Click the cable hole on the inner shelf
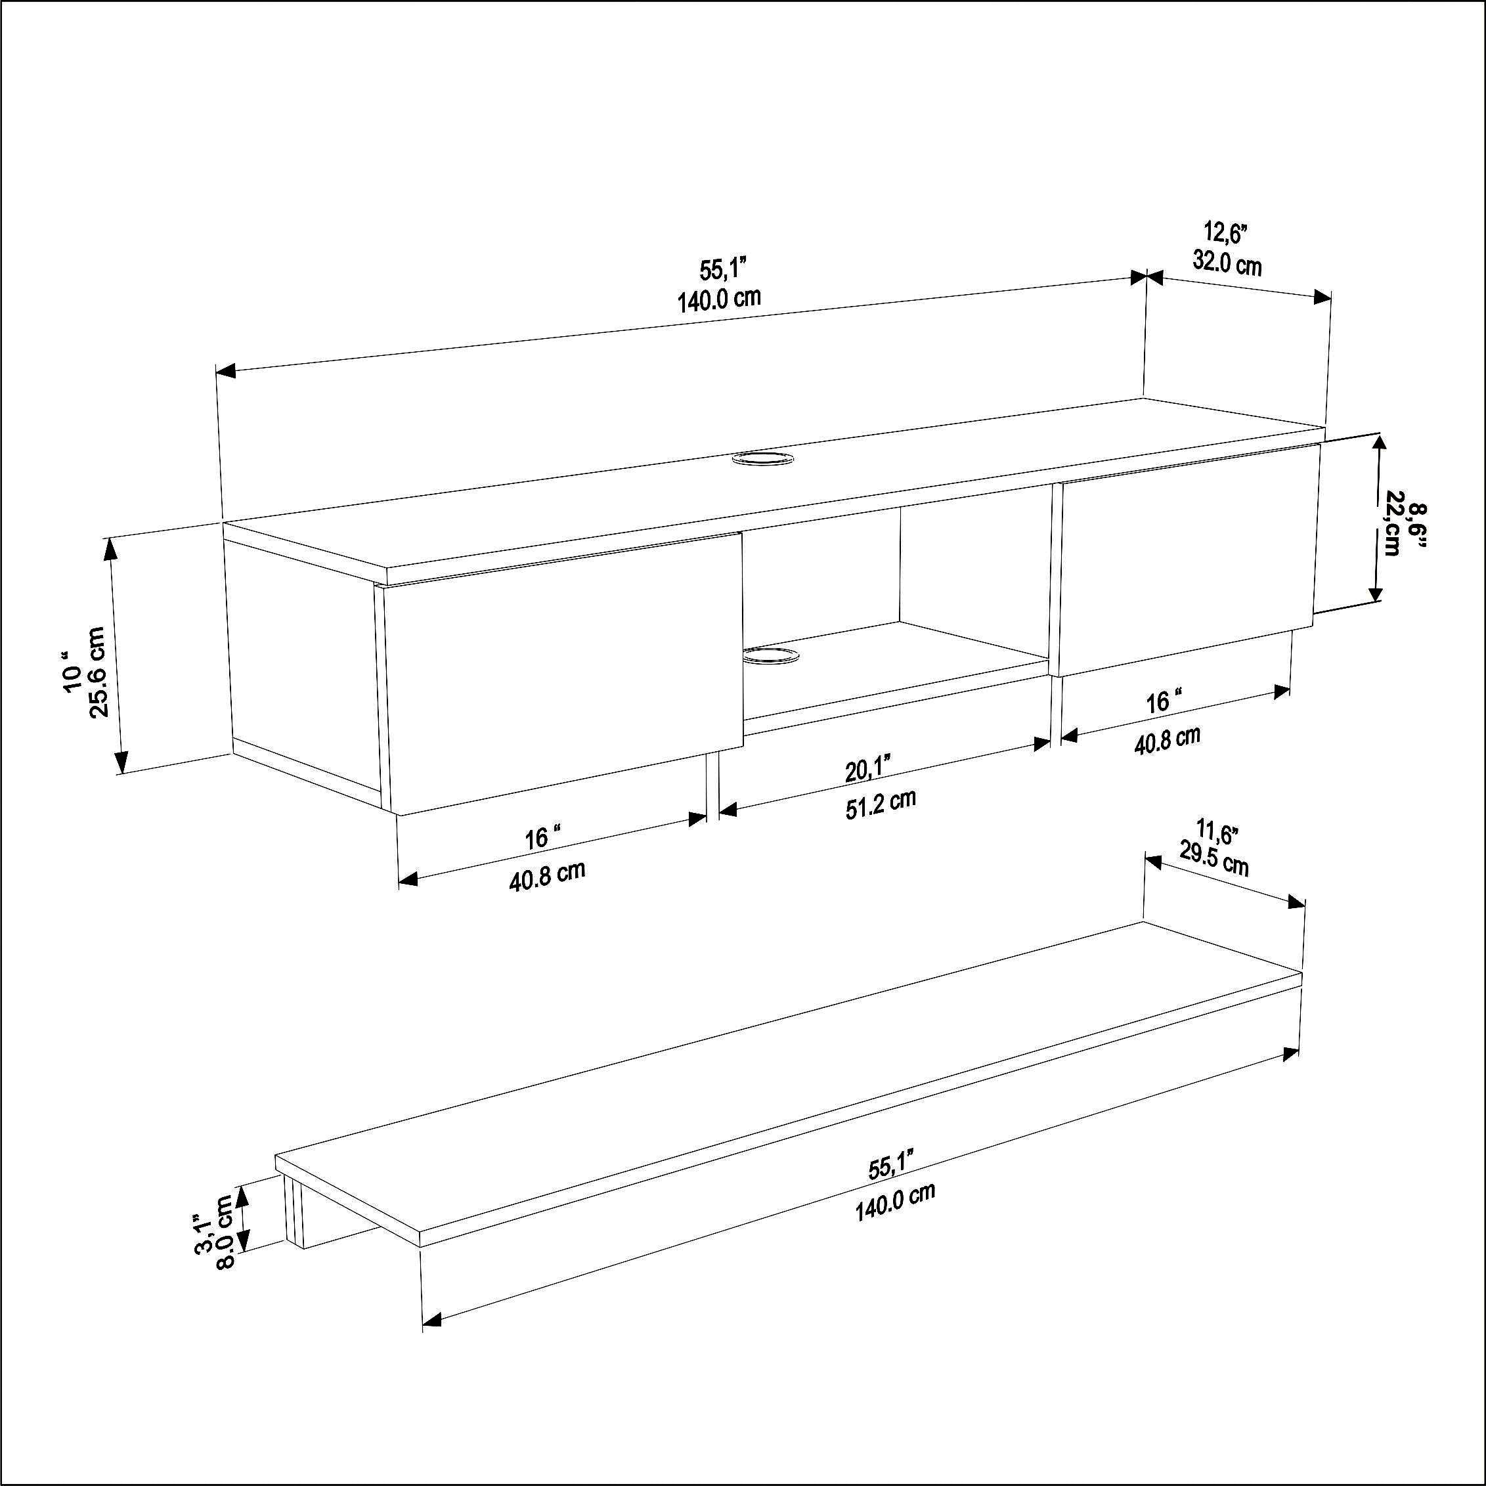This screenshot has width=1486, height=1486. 769,655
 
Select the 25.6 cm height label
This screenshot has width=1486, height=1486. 99,672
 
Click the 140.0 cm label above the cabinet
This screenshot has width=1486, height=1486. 719,299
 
